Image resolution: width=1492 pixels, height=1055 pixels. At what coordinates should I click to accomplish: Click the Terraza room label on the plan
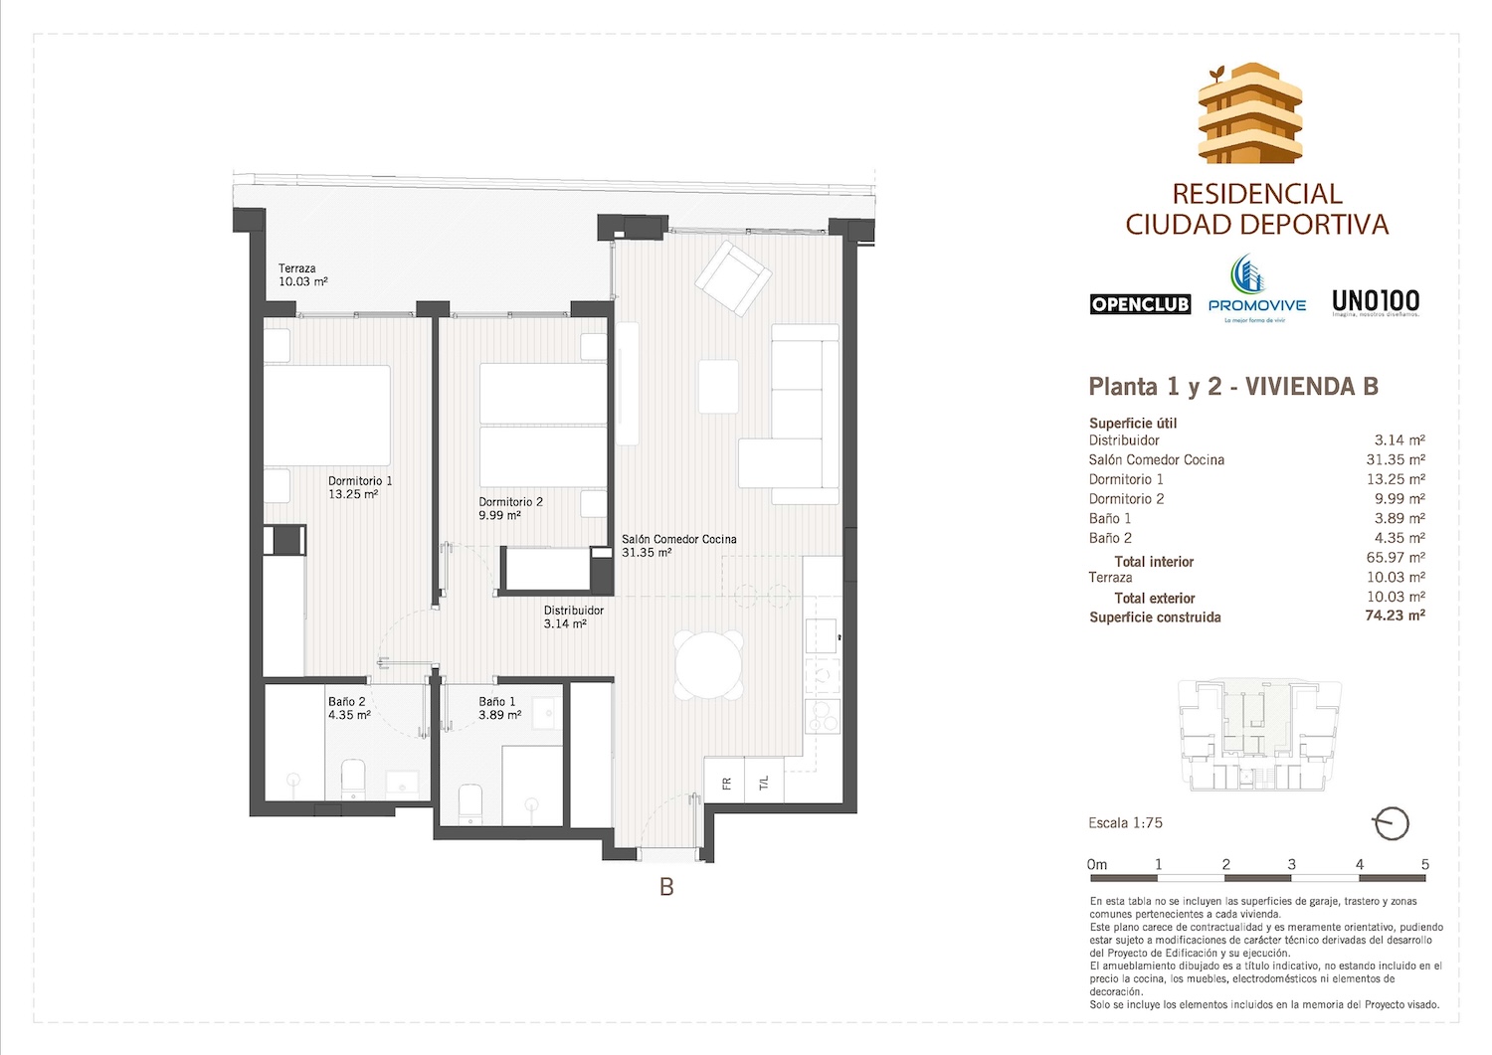[302, 274]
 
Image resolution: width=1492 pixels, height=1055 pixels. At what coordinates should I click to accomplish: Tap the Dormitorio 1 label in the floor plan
[359, 487]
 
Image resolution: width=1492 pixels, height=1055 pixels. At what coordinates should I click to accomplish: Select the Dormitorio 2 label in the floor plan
[509, 508]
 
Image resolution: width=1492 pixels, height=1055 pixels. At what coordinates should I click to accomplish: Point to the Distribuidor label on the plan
[572, 616]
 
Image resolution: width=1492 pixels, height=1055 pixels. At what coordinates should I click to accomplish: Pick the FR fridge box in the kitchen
[726, 784]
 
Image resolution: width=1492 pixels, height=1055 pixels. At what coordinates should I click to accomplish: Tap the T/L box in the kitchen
[764, 784]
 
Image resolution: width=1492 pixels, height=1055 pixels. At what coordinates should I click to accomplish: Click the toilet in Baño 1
[469, 803]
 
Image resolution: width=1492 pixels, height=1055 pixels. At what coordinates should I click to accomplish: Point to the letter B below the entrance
[666, 886]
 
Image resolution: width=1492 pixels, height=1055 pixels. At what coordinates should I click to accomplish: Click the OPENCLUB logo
[1140, 304]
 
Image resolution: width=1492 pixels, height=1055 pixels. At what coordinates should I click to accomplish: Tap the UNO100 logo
[1376, 302]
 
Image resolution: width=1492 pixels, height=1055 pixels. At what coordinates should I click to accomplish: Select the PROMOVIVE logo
[1256, 289]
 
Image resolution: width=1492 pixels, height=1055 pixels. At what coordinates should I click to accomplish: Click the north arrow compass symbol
[1391, 823]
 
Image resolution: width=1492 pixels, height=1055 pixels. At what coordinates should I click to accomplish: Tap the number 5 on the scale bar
[1424, 864]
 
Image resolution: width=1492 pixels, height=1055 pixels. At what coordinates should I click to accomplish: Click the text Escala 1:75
[1125, 822]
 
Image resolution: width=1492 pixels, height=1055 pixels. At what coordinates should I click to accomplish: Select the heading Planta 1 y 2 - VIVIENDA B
[1233, 386]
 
